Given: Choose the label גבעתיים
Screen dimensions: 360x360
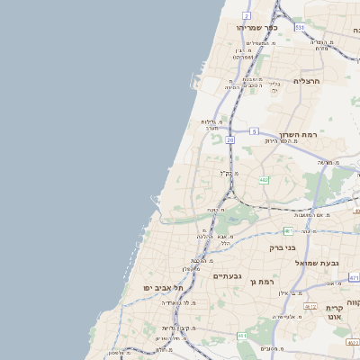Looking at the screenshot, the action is click(225, 276).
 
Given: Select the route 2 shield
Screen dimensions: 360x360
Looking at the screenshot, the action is click(247, 15).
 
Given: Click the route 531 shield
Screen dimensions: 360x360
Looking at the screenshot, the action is click(299, 28).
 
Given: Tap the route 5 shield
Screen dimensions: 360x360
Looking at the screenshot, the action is click(255, 131).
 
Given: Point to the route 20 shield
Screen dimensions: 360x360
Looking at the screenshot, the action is click(230, 140).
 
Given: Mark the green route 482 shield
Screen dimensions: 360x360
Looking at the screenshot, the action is click(264, 180).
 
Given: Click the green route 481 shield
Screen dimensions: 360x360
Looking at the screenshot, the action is click(285, 230).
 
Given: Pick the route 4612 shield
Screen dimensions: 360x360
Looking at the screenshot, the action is click(310, 306).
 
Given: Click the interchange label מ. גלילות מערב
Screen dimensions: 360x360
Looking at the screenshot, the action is click(211, 125).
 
